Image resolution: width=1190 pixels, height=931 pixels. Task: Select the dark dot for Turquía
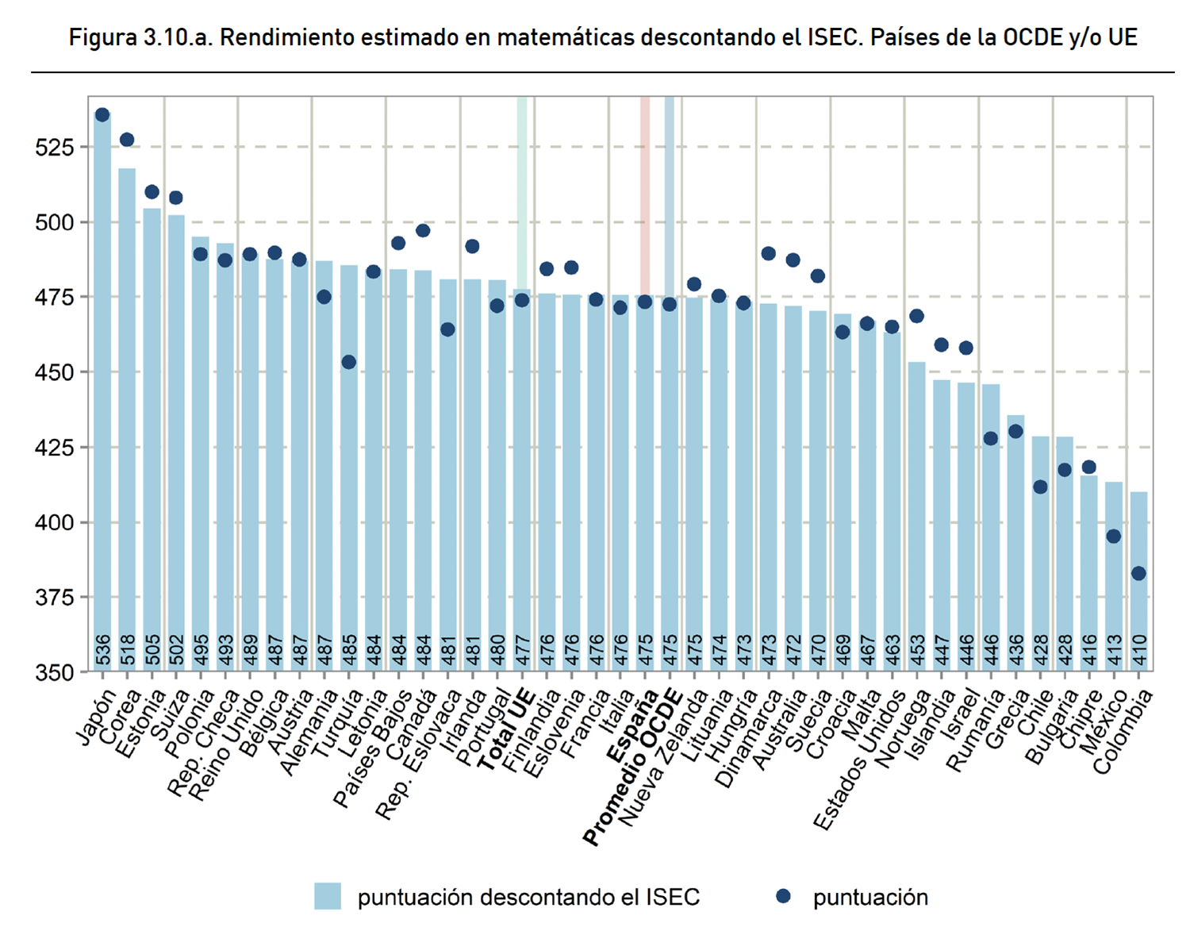click(349, 362)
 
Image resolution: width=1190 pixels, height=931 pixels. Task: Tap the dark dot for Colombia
click(1138, 573)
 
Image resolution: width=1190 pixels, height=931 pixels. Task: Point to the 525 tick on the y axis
click(54, 148)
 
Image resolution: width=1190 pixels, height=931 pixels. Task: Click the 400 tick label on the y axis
click(54, 523)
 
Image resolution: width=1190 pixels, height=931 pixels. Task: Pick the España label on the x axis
click(632, 726)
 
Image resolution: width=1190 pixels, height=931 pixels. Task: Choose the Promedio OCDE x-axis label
click(633, 766)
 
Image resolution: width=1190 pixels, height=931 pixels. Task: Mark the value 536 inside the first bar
click(103, 649)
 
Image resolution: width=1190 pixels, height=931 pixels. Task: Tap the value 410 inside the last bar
click(1139, 649)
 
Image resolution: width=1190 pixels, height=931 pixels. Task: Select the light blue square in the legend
click(328, 896)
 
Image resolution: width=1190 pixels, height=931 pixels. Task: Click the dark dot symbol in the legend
click(783, 896)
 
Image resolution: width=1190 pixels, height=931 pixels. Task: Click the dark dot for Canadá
click(423, 231)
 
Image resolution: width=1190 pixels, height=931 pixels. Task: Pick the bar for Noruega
click(916, 516)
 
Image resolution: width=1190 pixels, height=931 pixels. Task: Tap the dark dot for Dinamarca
click(768, 254)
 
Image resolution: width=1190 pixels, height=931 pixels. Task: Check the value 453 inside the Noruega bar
click(917, 649)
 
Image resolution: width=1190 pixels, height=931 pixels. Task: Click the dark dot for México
click(1114, 537)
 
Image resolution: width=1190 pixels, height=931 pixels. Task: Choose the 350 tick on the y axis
click(54, 673)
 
